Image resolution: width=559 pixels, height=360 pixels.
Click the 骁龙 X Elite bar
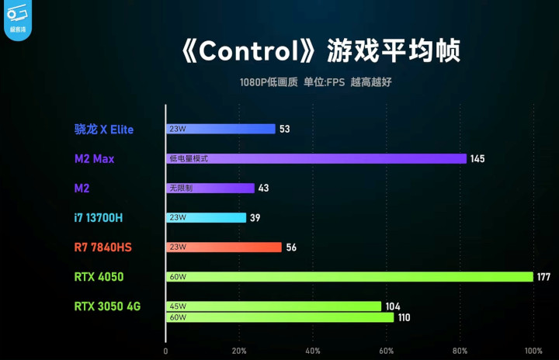[220, 130]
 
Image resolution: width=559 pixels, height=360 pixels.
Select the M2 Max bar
[316, 158]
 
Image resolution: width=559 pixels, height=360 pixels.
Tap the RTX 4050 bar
[349, 277]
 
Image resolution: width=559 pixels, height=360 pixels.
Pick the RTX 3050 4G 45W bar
[273, 306]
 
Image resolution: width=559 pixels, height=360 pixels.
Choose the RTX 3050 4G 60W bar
[279, 317]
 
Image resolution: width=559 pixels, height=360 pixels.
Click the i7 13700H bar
[206, 218]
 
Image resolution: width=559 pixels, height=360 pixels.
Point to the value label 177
[544, 277]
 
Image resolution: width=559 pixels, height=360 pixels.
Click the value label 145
[477, 159]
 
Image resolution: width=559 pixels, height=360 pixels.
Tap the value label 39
[255, 218]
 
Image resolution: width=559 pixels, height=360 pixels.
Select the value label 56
[291, 247]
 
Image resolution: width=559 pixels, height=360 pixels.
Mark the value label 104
[393, 306]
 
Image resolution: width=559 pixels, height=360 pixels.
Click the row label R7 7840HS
[103, 247]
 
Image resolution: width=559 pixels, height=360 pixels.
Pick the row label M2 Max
[95, 159]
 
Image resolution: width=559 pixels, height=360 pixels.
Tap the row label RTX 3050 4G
[107, 306]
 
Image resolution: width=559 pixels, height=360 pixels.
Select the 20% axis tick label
[239, 350]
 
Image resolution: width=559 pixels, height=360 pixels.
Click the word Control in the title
[249, 51]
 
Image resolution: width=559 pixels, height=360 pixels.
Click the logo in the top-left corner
[17, 17]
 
